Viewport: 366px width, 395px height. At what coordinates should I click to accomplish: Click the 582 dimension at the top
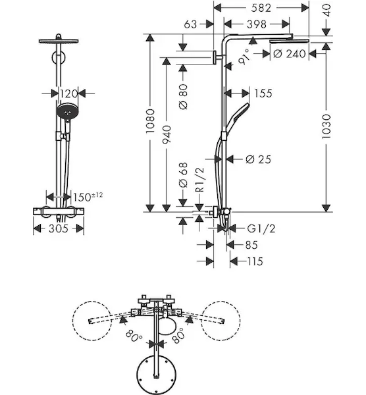[261, 8]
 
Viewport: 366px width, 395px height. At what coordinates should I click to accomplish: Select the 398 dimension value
[257, 24]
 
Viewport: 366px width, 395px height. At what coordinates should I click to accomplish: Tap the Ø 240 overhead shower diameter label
[290, 54]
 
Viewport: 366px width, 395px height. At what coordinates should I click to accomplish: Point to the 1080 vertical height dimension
[150, 121]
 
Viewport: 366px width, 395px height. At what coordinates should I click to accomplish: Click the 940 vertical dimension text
[167, 134]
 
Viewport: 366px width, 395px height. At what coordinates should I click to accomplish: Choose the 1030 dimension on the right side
[327, 126]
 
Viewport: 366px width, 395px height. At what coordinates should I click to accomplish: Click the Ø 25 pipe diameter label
[259, 159]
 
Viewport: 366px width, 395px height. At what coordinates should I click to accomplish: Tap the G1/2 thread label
[261, 228]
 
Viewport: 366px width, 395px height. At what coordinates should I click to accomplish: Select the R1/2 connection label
[199, 180]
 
